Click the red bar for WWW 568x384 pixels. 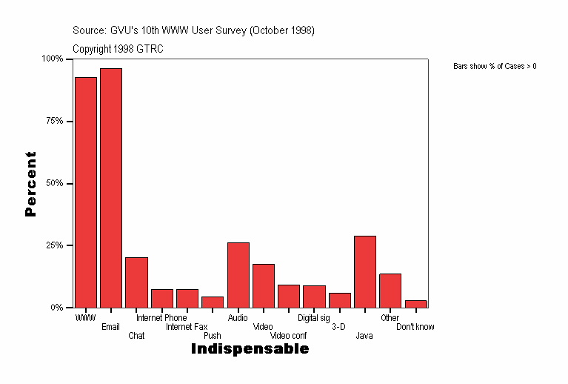pos(86,192)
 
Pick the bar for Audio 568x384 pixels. pos(238,274)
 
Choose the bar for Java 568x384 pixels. pos(365,271)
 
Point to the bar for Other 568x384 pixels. pos(390,290)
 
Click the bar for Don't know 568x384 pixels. pos(415,303)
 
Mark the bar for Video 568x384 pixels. pos(263,285)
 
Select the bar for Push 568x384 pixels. pos(213,302)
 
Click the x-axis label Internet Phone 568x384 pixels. pos(161,318)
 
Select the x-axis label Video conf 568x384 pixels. pos(288,336)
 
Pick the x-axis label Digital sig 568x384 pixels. pos(313,318)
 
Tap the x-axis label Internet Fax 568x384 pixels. pos(187,327)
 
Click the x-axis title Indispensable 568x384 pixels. pos(250,349)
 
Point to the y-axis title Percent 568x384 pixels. pos(30,184)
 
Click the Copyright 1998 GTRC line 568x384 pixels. pos(118,49)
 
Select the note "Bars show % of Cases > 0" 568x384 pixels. pos(495,67)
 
